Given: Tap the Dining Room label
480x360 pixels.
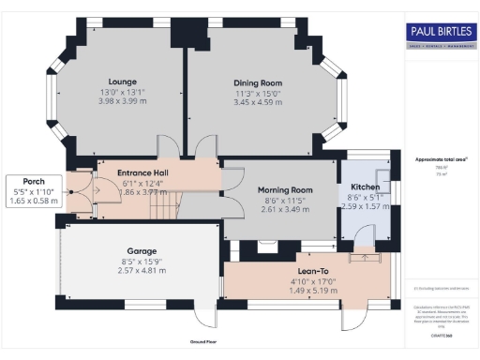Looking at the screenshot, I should [257, 83].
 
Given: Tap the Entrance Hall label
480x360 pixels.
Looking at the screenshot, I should [142, 172].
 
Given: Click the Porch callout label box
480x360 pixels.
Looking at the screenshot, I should [33, 190].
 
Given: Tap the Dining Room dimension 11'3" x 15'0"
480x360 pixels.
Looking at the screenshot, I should [257, 94].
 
